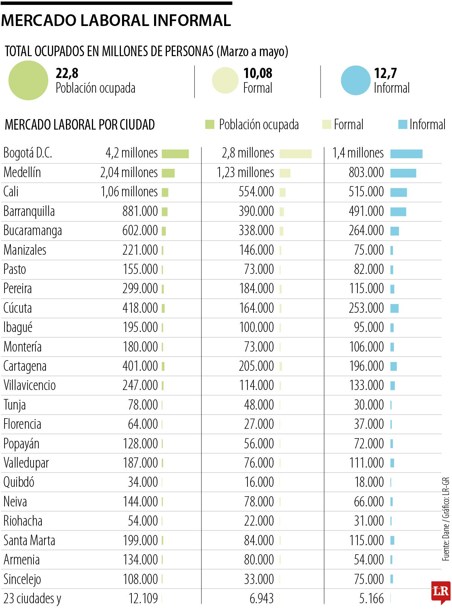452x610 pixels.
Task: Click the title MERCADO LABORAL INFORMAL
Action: [x=116, y=20]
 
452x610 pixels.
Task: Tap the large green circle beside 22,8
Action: [x=28, y=80]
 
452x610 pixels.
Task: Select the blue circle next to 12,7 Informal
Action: [x=356, y=80]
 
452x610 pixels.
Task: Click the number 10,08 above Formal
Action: [x=258, y=73]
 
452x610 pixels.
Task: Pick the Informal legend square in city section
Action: [x=403, y=124]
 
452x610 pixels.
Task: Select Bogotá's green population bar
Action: [x=175, y=154]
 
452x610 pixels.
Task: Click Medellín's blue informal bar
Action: [x=403, y=173]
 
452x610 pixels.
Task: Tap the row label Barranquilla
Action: [x=29, y=211]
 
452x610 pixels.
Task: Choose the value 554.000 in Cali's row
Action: [x=256, y=192]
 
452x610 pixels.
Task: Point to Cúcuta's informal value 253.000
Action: [x=366, y=308]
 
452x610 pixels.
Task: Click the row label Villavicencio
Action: [x=30, y=385]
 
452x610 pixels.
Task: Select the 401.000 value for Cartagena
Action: [x=140, y=366]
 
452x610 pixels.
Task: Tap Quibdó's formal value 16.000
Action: [x=259, y=482]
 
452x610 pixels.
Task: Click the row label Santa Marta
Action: [x=29, y=540]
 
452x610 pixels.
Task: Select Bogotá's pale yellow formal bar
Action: [x=295, y=154]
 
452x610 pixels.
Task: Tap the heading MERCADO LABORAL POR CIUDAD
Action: [x=80, y=125]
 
